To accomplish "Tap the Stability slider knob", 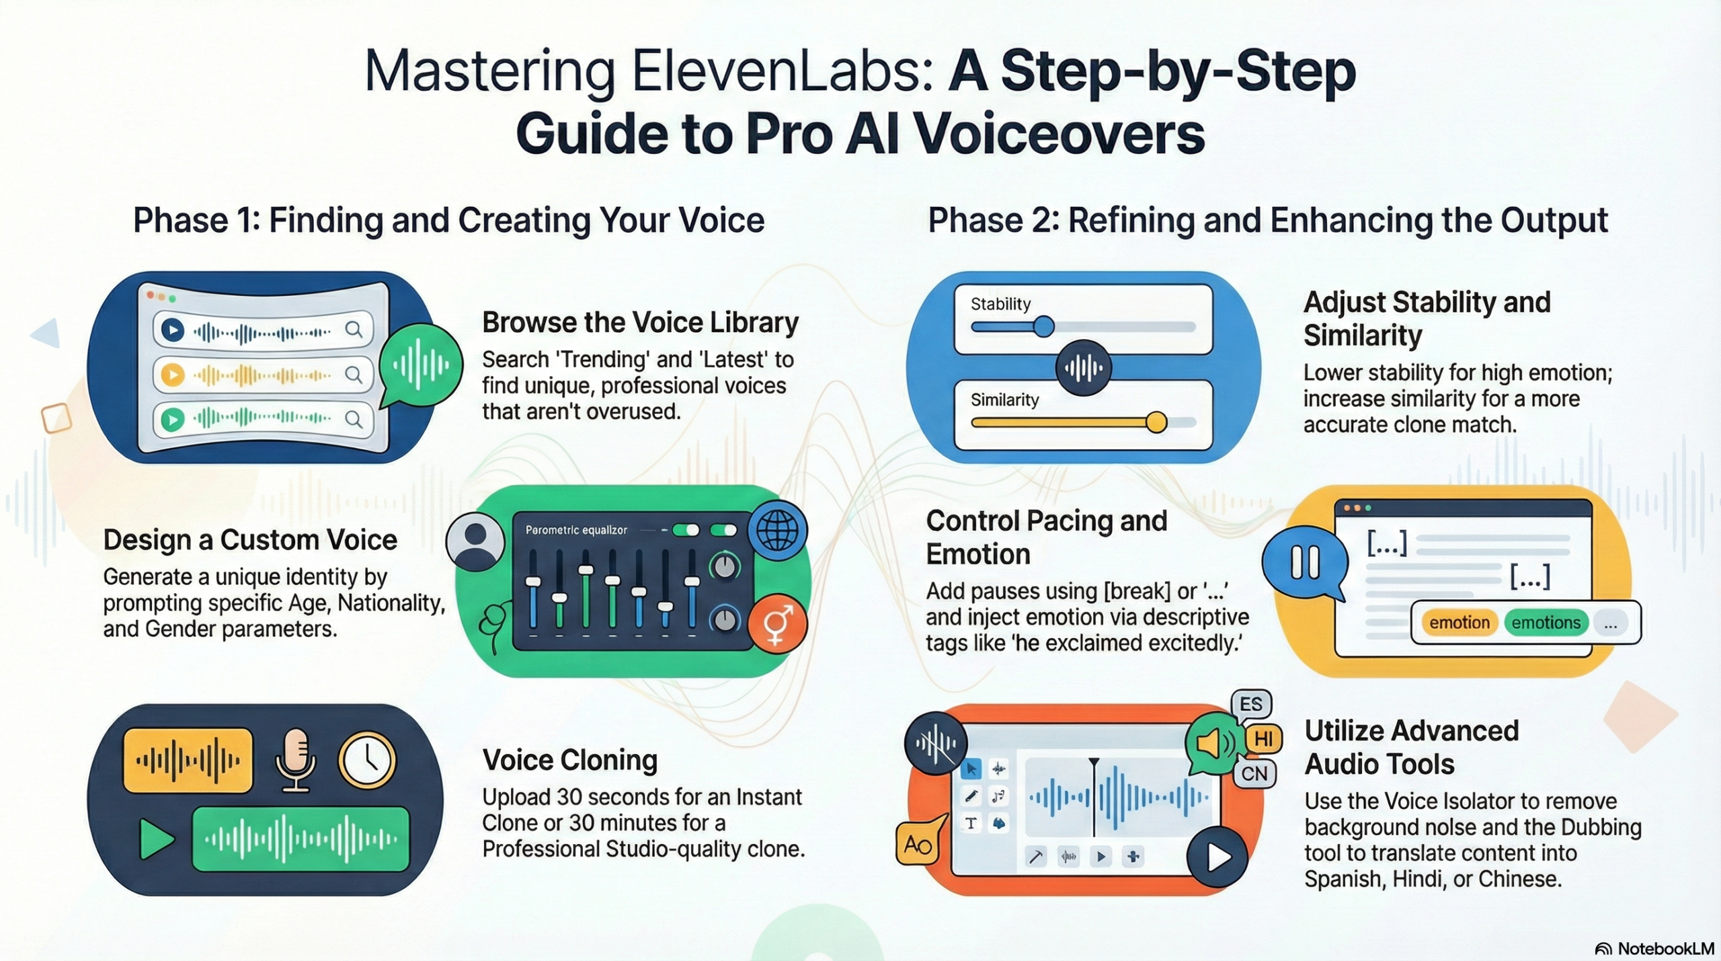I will tap(1043, 327).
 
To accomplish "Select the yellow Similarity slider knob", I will tap(1156, 422).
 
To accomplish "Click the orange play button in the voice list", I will tap(173, 375).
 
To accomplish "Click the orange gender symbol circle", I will tap(777, 623).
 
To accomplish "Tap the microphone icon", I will tap(295, 760).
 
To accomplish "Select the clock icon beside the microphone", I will tap(367, 760).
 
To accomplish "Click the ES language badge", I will tap(1250, 704).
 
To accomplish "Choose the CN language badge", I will tap(1254, 773).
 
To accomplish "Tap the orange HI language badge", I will tap(1263, 739).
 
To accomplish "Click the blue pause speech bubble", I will tap(1305, 562).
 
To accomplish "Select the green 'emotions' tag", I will tap(1546, 623).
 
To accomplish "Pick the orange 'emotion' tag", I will tap(1459, 623).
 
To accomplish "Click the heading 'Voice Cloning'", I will tap(569, 760).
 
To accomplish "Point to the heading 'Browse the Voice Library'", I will tap(640, 323).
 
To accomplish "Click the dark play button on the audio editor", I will tap(1217, 857).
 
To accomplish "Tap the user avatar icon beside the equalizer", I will tap(475, 541).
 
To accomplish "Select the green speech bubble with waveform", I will tap(421, 365).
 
